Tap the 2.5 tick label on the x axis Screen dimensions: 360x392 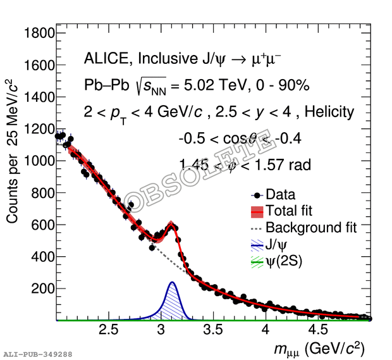[109, 330]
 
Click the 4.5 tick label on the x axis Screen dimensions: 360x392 [318, 330]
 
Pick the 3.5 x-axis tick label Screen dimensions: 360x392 [214, 330]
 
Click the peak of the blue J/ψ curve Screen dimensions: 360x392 [171, 282]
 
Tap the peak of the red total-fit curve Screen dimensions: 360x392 [171, 223]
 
